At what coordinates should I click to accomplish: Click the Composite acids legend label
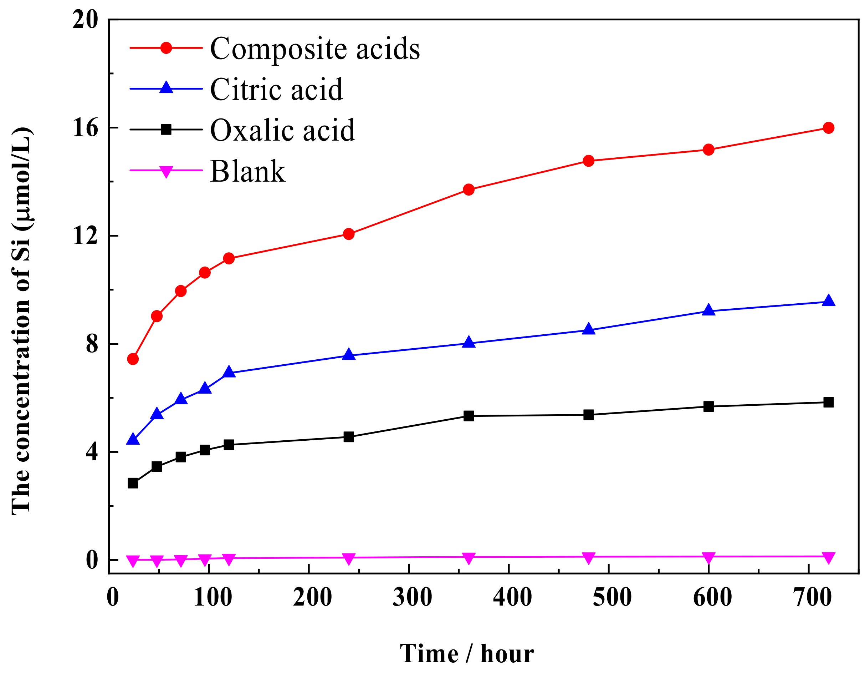click(x=315, y=49)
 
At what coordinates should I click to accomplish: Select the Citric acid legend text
click(x=276, y=89)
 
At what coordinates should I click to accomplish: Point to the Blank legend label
click(x=247, y=171)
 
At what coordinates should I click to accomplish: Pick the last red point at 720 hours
click(x=828, y=128)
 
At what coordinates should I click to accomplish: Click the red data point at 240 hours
click(x=349, y=234)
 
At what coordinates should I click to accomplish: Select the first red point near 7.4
click(x=133, y=359)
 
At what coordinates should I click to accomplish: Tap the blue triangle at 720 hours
click(x=828, y=301)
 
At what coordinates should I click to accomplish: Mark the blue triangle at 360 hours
click(x=469, y=342)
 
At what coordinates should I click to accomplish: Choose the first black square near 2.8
click(x=133, y=483)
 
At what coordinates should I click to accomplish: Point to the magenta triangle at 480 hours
click(x=589, y=558)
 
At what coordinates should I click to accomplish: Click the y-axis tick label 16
click(x=85, y=128)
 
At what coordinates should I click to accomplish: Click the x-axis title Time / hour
click(x=467, y=654)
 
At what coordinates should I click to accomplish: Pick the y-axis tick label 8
click(x=92, y=344)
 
